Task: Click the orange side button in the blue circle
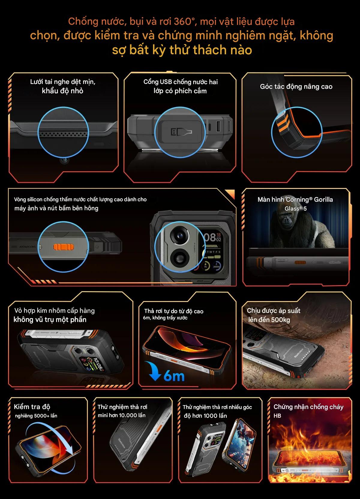(63, 247)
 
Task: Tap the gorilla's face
(286, 220)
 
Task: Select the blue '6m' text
(174, 376)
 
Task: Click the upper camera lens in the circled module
(180, 235)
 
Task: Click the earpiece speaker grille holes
(63, 134)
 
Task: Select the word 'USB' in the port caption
(166, 82)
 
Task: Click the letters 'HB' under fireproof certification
(277, 416)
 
